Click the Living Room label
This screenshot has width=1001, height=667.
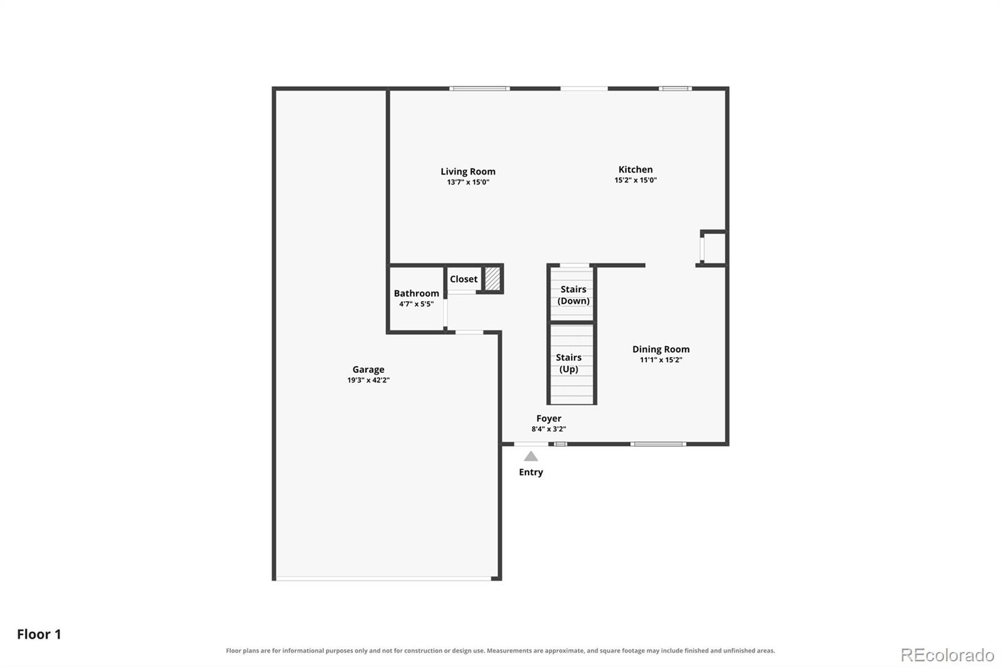pyautogui.click(x=468, y=171)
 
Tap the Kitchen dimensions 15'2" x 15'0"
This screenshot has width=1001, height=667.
pyautogui.click(x=636, y=180)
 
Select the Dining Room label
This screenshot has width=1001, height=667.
pyautogui.click(x=661, y=349)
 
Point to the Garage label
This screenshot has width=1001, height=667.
pyautogui.click(x=368, y=370)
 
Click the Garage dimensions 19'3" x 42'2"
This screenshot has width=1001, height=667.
pyautogui.click(x=368, y=380)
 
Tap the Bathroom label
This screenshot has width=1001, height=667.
pyautogui.click(x=417, y=293)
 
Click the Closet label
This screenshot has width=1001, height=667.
pyautogui.click(x=464, y=279)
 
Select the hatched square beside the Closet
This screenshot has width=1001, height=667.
pyautogui.click(x=492, y=278)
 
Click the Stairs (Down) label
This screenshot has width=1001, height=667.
pyautogui.click(x=573, y=295)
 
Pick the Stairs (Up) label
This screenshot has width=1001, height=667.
pyautogui.click(x=569, y=364)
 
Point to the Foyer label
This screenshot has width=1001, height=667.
pyautogui.click(x=549, y=419)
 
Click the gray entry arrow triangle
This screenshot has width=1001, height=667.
pyautogui.click(x=531, y=456)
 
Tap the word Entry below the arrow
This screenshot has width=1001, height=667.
pyautogui.click(x=531, y=472)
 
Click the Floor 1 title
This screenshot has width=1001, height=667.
pyautogui.click(x=39, y=634)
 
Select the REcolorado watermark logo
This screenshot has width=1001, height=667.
pyautogui.click(x=947, y=655)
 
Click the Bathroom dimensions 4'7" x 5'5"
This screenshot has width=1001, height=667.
pyautogui.click(x=417, y=304)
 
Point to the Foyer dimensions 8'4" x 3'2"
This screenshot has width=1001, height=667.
pyautogui.click(x=549, y=429)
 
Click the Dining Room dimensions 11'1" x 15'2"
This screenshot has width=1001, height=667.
pyautogui.click(x=661, y=360)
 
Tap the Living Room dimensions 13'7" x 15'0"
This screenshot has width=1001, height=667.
pyautogui.click(x=468, y=182)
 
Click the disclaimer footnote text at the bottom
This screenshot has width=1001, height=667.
pyautogui.click(x=500, y=651)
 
